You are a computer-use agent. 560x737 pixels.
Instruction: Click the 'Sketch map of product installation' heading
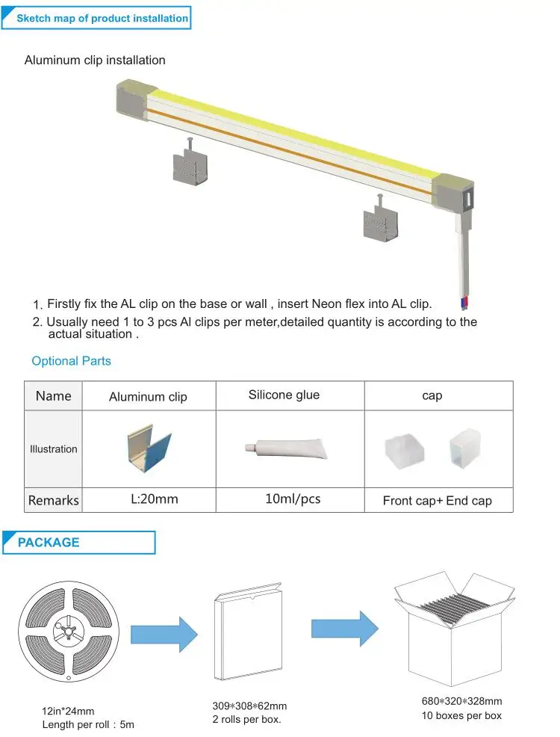pos(102,18)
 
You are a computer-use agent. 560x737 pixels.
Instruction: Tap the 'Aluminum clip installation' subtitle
pos(95,60)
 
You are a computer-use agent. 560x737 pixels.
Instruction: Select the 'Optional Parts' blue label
pos(71,361)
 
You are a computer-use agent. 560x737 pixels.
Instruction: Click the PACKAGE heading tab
pos(49,542)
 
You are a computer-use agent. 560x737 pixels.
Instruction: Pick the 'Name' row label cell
pos(54,395)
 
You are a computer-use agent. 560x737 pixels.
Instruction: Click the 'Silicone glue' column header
pos(284,395)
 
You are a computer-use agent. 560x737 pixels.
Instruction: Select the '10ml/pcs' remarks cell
pos(293,499)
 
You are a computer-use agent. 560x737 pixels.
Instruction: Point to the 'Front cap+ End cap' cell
pos(437,500)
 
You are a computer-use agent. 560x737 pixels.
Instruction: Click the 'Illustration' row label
pos(53,449)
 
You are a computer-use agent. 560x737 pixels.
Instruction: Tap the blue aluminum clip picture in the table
pos(148,450)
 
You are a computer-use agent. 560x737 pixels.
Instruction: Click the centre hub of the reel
pos(68,632)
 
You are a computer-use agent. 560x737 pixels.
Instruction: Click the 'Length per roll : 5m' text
pos(87,724)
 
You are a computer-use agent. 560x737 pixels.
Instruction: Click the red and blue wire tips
pos(467,302)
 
